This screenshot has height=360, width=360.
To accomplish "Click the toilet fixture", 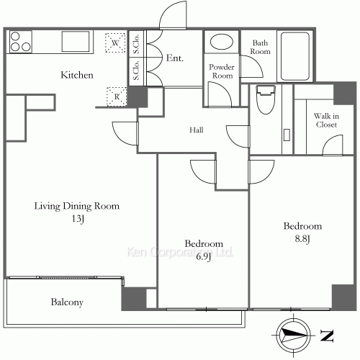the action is tap(266, 99).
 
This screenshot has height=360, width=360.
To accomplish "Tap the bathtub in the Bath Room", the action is tap(295, 56).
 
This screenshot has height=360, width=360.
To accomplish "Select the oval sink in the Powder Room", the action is tap(222, 42).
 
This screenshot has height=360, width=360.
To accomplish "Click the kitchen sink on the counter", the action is tap(76, 41).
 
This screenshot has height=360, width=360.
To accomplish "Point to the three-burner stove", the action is tap(21, 42).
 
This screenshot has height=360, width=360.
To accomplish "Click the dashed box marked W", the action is tap(115, 42).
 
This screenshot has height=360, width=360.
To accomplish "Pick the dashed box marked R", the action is tap(117, 96).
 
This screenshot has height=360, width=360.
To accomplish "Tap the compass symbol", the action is tap(293, 335).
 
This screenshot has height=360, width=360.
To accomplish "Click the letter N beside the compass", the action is tap(327, 336).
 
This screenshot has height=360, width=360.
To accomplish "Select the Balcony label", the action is tap(67, 302).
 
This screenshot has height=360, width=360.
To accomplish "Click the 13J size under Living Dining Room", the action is tap(78, 219).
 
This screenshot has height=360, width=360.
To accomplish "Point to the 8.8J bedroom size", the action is tap(302, 239).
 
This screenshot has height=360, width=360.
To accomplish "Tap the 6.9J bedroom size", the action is tap(204, 257).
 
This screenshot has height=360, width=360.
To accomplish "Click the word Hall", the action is tap(197, 130).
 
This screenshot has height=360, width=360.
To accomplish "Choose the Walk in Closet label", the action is tap(326, 120).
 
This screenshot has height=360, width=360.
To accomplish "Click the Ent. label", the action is tap(175, 58).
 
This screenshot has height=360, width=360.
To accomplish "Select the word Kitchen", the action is tap(77, 75).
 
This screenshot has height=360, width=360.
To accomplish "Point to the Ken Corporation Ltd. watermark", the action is tap(179, 252).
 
